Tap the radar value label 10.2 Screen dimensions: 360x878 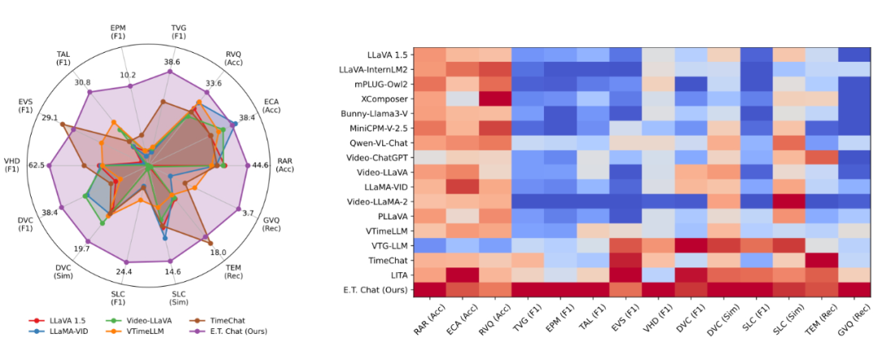click(x=128, y=75)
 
